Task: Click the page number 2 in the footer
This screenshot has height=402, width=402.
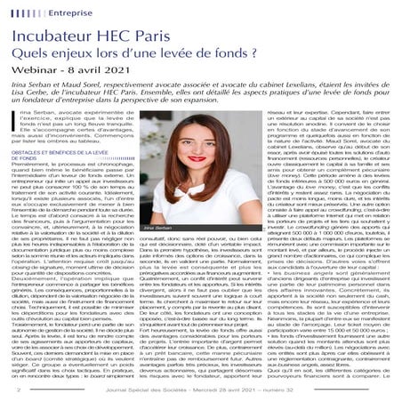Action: click(x=19, y=389)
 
